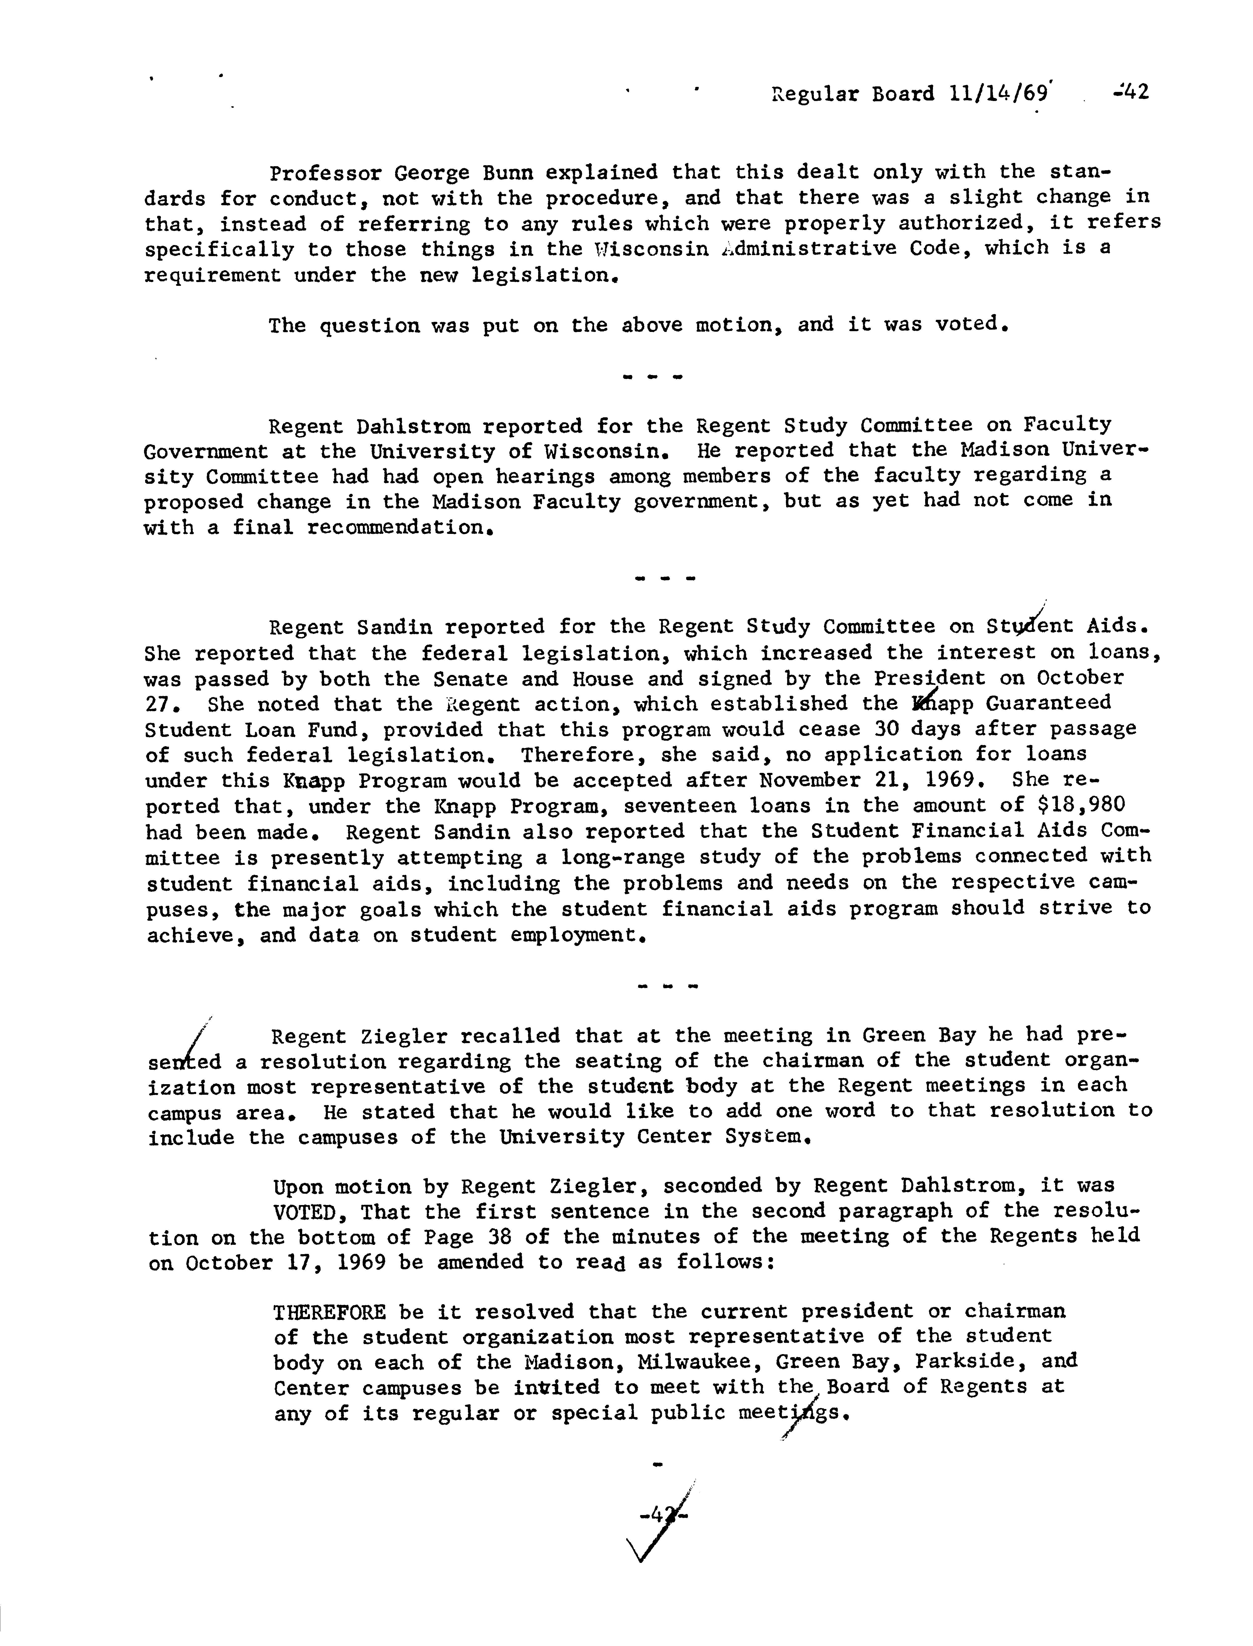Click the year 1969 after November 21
tap(967, 780)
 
